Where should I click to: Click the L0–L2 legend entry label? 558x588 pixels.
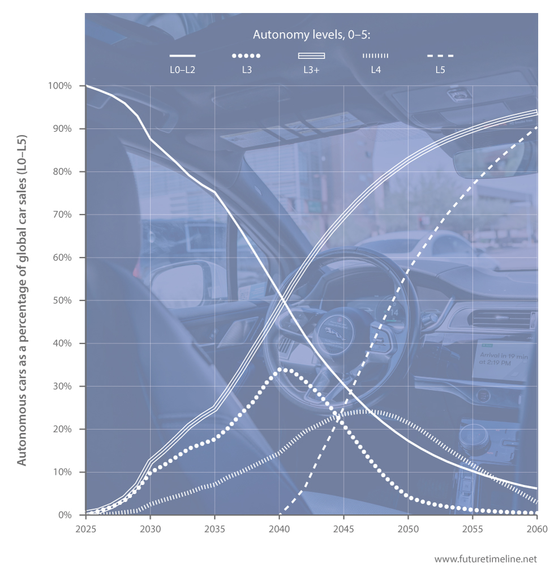pos(182,70)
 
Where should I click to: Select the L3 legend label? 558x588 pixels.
pos(246,70)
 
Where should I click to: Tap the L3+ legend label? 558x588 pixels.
pos(311,70)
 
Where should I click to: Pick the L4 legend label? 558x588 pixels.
pos(375,70)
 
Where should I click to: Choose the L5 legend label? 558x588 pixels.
pos(440,70)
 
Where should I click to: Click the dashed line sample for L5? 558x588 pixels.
pos(440,56)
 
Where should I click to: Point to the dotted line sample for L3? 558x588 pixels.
pos(246,56)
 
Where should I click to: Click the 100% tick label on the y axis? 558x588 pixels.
pos(60,86)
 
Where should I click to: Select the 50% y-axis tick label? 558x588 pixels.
pos(62,301)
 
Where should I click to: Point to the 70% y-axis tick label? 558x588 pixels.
pos(62,214)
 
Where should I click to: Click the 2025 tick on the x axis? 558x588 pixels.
pos(85,528)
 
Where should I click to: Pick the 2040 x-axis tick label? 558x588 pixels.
pos(279,528)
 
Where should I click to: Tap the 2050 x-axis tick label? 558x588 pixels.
pos(408,528)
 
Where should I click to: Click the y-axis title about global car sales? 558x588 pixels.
pos(22,300)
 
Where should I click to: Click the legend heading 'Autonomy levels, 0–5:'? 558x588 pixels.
pos(311,35)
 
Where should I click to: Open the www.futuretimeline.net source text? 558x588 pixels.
pos(485,559)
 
